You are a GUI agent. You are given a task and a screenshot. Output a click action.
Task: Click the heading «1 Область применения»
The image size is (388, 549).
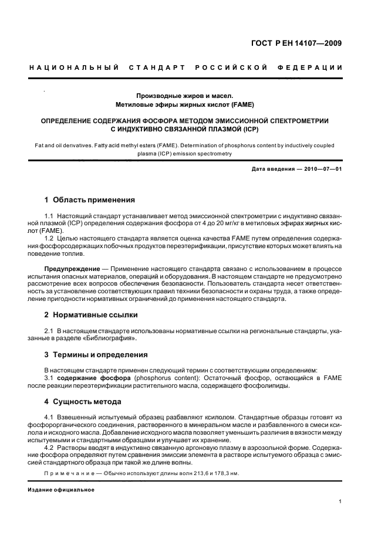(x=90, y=199)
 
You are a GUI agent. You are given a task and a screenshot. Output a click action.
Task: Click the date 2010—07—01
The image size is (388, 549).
(x=322, y=170)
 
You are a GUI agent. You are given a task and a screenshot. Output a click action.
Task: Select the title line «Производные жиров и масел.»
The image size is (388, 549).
(x=185, y=95)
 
